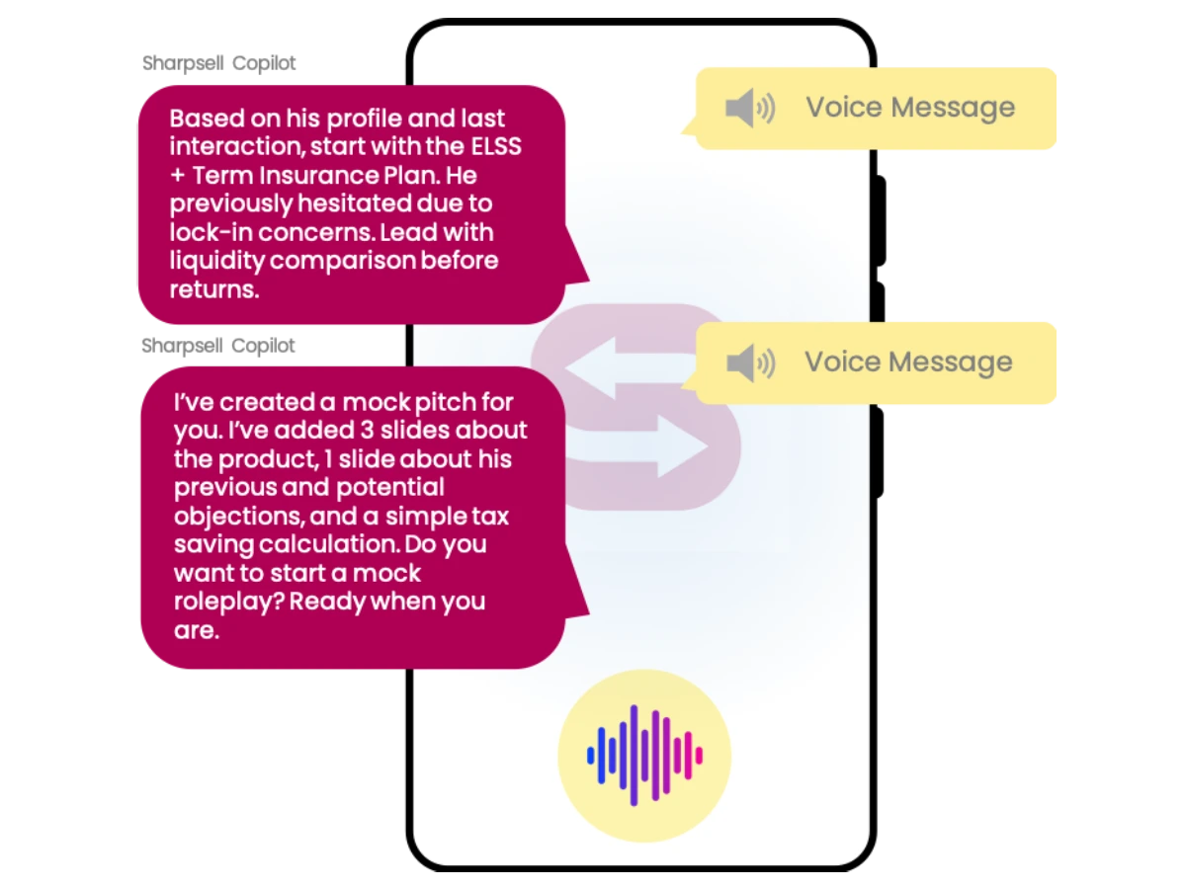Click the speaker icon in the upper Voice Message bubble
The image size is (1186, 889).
click(x=750, y=108)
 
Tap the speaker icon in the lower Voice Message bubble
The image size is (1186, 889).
click(x=750, y=363)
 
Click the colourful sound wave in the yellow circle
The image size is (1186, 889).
click(x=644, y=755)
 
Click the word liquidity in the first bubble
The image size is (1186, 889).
click(x=216, y=262)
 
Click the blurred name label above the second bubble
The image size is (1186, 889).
click(x=217, y=345)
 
